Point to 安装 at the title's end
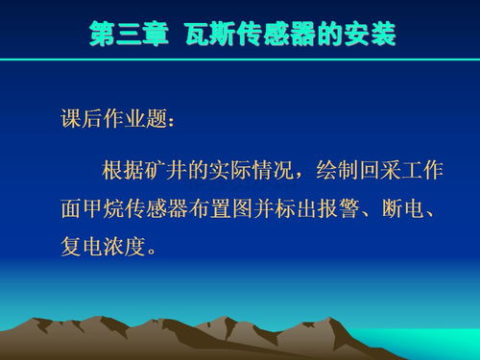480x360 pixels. (368, 36)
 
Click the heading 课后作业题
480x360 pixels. (111, 123)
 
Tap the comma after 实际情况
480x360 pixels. (309, 177)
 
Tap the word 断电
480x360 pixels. (411, 208)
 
